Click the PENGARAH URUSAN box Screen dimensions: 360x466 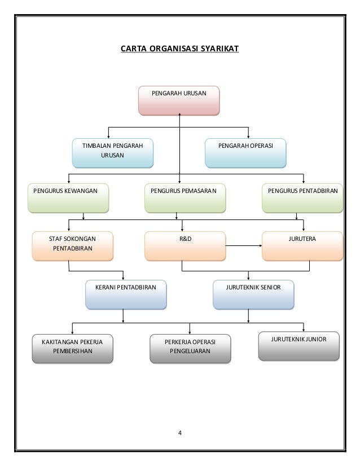point(179,100)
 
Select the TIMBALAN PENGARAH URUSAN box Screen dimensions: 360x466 point(113,153)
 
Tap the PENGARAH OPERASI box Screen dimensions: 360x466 point(245,153)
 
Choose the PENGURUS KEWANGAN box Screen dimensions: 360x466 point(68,198)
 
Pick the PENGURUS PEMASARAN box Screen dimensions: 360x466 point(185,198)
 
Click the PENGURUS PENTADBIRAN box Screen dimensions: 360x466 point(302,198)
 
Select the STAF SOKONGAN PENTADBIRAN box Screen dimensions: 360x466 point(73,246)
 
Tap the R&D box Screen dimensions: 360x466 point(185,246)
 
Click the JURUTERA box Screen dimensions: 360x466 point(302,246)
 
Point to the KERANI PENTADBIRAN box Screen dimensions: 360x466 point(126,294)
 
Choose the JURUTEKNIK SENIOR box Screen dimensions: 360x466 point(253,294)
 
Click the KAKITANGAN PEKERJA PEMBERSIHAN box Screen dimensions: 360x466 point(73,349)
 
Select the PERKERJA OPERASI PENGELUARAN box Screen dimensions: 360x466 point(190,349)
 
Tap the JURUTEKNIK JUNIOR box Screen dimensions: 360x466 point(298,346)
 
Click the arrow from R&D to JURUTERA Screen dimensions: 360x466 point(244,246)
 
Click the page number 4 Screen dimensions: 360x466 point(180,433)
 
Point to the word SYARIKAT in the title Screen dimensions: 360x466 point(219,49)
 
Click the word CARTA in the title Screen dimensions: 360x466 point(134,49)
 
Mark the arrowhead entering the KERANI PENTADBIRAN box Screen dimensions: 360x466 point(123,278)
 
